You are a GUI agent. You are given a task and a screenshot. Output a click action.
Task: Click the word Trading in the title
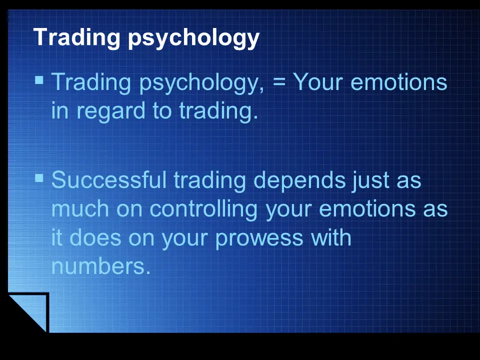(x=76, y=37)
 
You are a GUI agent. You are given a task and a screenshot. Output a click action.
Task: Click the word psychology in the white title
(x=193, y=39)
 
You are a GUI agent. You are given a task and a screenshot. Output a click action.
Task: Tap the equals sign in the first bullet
(x=278, y=82)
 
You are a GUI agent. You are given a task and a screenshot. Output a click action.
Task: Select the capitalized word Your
(x=318, y=81)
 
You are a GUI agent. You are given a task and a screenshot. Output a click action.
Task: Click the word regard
(x=111, y=111)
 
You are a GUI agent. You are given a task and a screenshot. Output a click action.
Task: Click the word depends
(x=299, y=181)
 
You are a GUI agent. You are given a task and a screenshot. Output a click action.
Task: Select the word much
(x=80, y=208)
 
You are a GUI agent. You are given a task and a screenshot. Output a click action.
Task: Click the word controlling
(x=203, y=210)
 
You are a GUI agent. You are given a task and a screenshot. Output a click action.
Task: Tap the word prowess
(x=259, y=239)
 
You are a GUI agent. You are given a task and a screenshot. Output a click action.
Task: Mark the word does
(x=95, y=237)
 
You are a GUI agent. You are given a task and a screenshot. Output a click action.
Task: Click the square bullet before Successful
(x=39, y=178)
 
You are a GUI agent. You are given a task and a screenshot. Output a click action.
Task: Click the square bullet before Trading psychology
(x=39, y=80)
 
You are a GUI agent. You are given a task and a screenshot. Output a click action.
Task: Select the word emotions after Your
(x=399, y=82)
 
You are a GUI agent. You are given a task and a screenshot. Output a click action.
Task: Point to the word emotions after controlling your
(x=367, y=209)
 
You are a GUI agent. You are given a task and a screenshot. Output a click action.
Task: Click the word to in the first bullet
(x=162, y=111)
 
